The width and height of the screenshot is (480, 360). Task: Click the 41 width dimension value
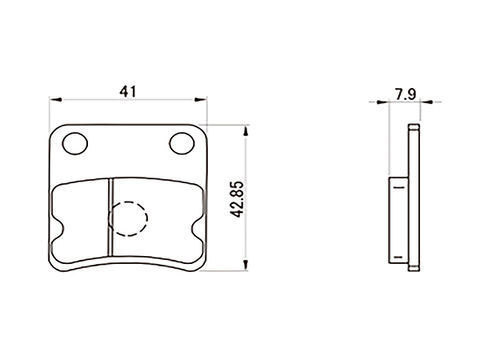[x=128, y=91]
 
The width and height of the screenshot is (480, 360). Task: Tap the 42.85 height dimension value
[x=238, y=199]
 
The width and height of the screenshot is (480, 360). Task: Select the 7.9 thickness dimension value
[x=406, y=94]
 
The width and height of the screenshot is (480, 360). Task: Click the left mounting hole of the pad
[x=75, y=143]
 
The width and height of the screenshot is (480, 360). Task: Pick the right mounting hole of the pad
[x=182, y=143]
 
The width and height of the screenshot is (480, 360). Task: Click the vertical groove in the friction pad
[x=111, y=218]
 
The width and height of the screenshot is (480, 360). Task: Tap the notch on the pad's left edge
[x=59, y=229]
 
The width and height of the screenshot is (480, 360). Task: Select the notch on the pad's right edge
[x=198, y=229]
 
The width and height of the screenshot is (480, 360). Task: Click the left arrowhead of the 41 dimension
[x=55, y=99]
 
